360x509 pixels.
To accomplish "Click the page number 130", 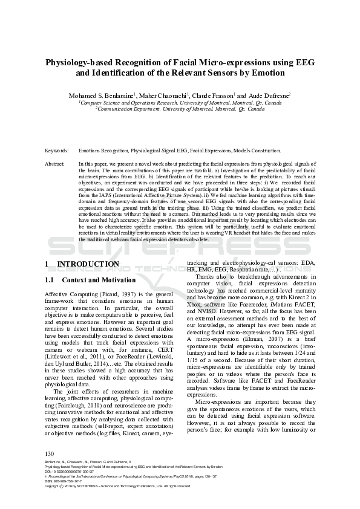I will pyautogui.click(x=50, y=453).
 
